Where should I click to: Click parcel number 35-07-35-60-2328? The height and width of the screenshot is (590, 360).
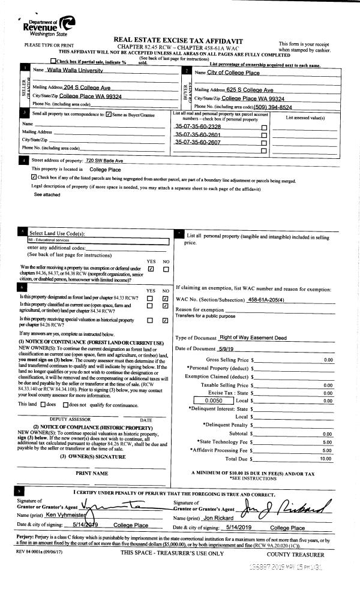click(197, 127)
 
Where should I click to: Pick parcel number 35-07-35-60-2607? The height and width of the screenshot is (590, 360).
click(197, 142)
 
